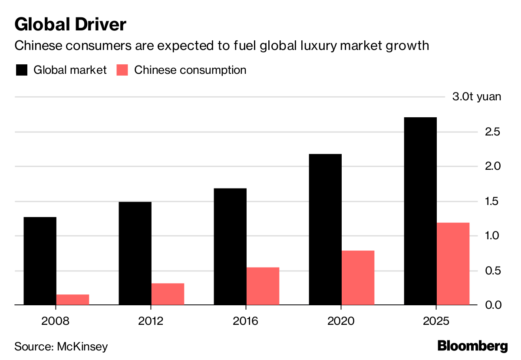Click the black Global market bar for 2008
pyautogui.click(x=40, y=261)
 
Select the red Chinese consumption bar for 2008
pyautogui.click(x=73, y=300)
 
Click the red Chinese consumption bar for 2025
pyautogui.click(x=453, y=264)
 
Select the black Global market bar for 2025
pyautogui.click(x=420, y=211)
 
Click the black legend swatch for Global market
pyautogui.click(x=21, y=70)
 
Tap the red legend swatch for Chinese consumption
pyautogui.click(x=123, y=70)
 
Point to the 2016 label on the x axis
pyautogui.click(x=246, y=321)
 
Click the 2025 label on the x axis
pyautogui.click(x=436, y=321)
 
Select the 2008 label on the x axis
pyautogui.click(x=56, y=321)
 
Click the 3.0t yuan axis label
pyautogui.click(x=476, y=96)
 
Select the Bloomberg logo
pyautogui.click(x=472, y=346)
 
